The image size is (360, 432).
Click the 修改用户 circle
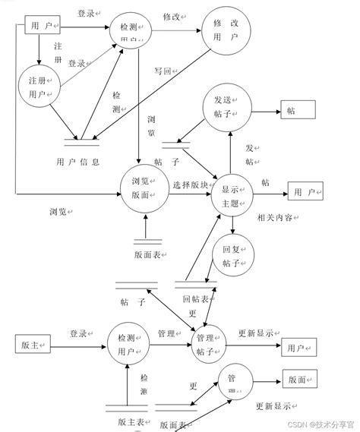pyautogui.click(x=226, y=32)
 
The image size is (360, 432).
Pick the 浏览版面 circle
pyautogui.click(x=144, y=188)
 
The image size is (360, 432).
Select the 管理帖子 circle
pyautogui.click(x=208, y=343)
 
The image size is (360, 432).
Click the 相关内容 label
pyautogui.click(x=278, y=217)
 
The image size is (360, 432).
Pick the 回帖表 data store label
pyautogui.click(x=196, y=299)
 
